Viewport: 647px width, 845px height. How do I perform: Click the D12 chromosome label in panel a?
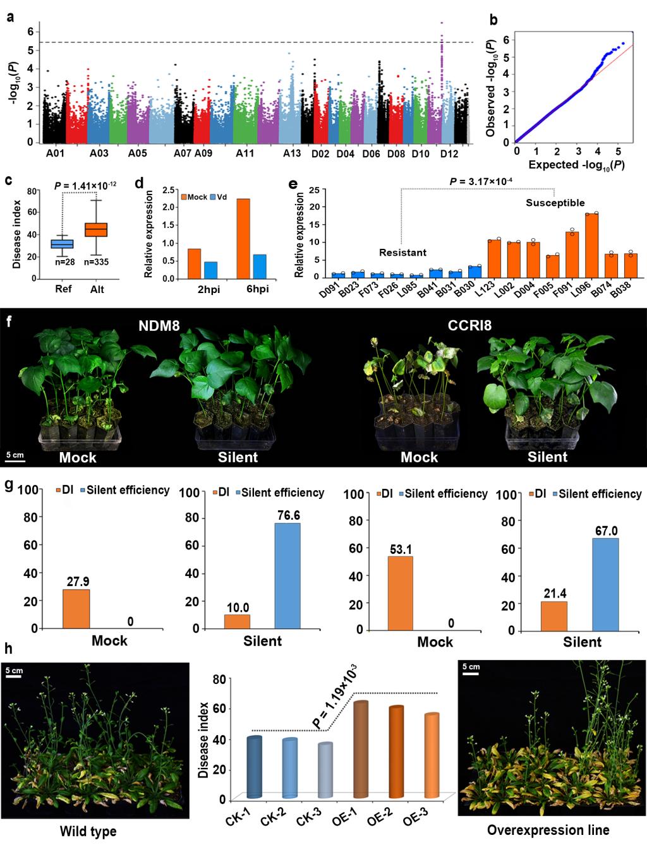click(449, 154)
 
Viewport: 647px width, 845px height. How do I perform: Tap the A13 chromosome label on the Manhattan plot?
click(292, 154)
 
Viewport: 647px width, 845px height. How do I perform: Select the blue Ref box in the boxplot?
click(63, 244)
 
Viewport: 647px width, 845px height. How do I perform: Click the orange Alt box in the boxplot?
click(96, 229)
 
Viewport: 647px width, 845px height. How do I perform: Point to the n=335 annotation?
click(96, 261)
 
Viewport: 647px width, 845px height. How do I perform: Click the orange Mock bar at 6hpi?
click(243, 239)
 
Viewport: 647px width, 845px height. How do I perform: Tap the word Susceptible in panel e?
click(555, 203)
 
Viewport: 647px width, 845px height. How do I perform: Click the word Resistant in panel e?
click(402, 253)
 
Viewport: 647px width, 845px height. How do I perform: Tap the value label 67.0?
click(605, 529)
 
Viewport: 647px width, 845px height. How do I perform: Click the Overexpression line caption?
click(548, 830)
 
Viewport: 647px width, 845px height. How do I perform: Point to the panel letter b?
click(493, 20)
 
